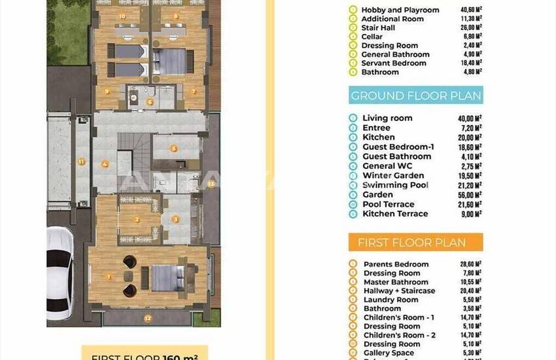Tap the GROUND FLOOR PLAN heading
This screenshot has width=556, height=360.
pyautogui.click(x=415, y=96)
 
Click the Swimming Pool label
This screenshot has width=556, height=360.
pyautogui.click(x=395, y=185)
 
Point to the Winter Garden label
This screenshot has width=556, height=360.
pyautogui.click(x=393, y=175)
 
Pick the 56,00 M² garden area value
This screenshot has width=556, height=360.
pyautogui.click(x=470, y=194)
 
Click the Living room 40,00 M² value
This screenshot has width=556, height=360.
pyautogui.click(x=470, y=118)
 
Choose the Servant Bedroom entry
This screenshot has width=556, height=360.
pyautogui.click(x=393, y=63)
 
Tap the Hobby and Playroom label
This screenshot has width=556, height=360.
pyautogui.click(x=400, y=10)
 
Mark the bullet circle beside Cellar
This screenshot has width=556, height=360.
pyautogui.click(x=353, y=37)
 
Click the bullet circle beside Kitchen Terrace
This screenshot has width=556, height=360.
pyautogui.click(x=353, y=213)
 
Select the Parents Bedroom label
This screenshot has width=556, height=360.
pyautogui.click(x=396, y=264)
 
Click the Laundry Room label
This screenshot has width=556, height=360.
pyautogui.click(x=391, y=300)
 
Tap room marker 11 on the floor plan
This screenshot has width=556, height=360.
pyautogui.click(x=81, y=160)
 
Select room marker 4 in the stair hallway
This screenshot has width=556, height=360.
pyautogui.click(x=105, y=164)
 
